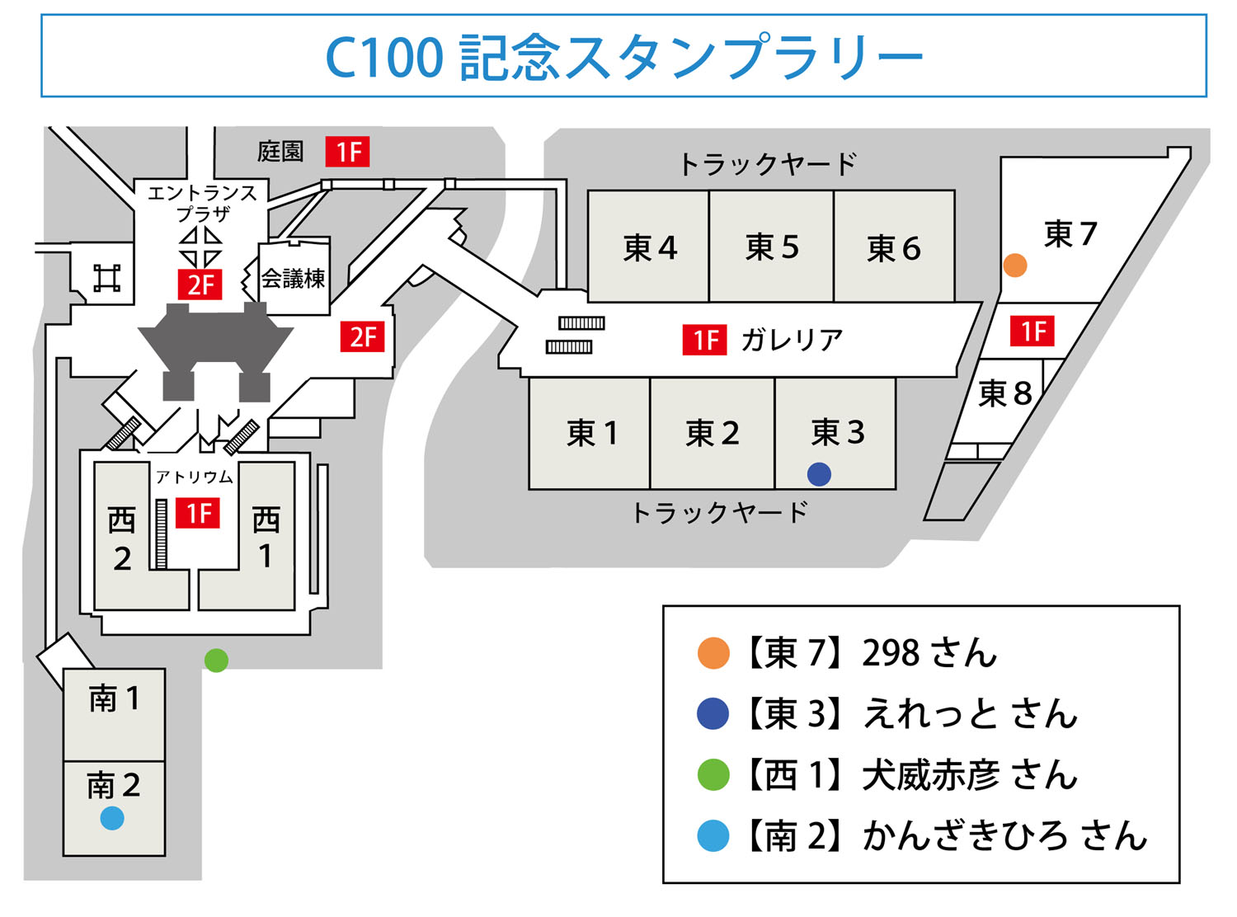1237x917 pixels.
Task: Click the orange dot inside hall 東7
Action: tap(1015, 266)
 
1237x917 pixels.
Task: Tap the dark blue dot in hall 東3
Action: tap(819, 474)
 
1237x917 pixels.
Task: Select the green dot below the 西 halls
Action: tap(216, 660)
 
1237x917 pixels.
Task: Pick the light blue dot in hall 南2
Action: tap(112, 818)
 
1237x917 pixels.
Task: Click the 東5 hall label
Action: tap(772, 247)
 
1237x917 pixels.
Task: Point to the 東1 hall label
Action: tap(591, 433)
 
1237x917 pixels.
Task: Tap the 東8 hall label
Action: tap(1004, 394)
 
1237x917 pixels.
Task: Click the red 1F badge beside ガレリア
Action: tap(704, 340)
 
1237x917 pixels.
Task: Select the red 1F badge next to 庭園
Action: tap(347, 152)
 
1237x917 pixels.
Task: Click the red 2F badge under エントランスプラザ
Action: tap(200, 285)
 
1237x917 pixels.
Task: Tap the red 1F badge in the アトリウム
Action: tap(198, 514)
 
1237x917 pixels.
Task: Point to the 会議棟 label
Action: tap(294, 279)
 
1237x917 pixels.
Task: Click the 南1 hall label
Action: tap(114, 699)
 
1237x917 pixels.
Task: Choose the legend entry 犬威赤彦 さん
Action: tap(969, 775)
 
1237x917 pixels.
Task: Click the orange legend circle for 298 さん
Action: tap(713, 653)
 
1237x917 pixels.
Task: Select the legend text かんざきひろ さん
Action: tap(1004, 836)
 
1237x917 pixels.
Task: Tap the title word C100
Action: tap(384, 58)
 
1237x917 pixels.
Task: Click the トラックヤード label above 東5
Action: tap(767, 164)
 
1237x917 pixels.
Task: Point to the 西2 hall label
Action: tap(122, 539)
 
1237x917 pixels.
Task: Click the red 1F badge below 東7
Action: tap(1032, 332)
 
